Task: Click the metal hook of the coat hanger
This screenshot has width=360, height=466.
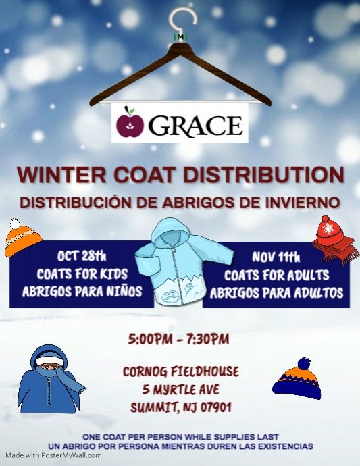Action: [x=180, y=20]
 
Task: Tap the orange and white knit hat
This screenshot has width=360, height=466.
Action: [x=23, y=238]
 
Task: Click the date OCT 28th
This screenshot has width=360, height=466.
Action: [x=82, y=256]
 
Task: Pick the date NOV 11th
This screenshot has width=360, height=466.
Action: [x=276, y=257]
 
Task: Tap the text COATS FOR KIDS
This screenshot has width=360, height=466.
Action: [x=81, y=274]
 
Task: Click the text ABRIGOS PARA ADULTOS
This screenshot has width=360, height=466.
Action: [x=276, y=293]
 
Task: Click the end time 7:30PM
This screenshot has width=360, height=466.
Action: [x=208, y=338]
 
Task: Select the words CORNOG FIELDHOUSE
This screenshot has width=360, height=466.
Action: [x=180, y=371]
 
